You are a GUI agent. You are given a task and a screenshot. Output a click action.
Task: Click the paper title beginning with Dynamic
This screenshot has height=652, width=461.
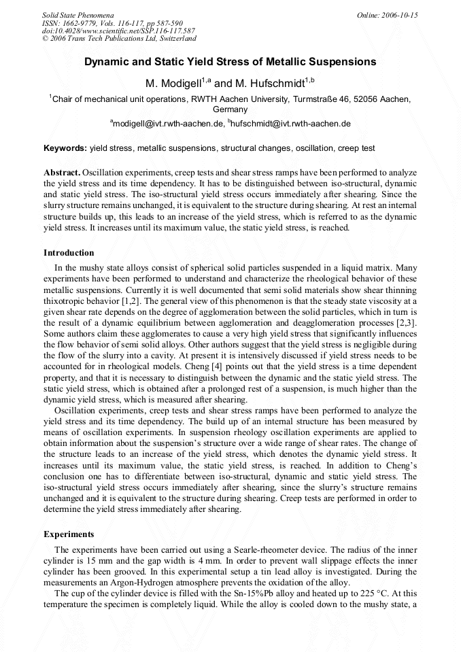tap(230, 62)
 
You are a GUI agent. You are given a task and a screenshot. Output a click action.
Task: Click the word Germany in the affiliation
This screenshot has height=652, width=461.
tap(230, 109)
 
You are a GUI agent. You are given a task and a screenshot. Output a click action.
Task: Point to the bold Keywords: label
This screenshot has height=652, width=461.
tap(65, 148)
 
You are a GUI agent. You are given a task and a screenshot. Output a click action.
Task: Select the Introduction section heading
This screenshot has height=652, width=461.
tap(69, 253)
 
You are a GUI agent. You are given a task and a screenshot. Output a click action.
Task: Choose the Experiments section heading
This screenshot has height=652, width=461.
tap(69, 534)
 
